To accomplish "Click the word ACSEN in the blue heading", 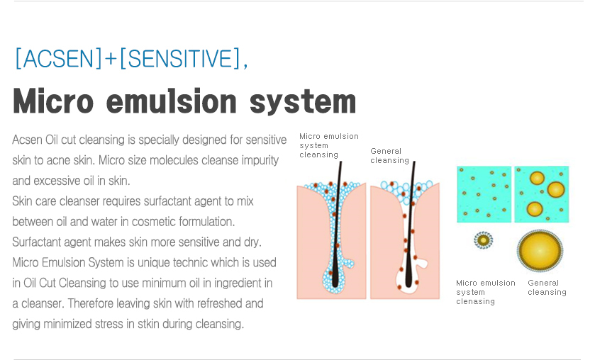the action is coord(58,59).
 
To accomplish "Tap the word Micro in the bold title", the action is coord(53,101).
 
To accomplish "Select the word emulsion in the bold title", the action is coord(172,101).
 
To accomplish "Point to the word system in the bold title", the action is coord(303,103).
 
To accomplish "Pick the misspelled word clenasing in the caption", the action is coord(475,302).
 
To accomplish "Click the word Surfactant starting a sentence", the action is coord(36,242).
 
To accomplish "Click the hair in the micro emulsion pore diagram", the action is coord(338,224).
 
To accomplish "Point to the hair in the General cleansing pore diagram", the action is coord(411,224).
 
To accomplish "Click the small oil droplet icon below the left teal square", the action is coord(484,240).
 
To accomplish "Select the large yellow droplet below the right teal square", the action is coord(540,251).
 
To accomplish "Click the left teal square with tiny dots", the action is coord(484,194).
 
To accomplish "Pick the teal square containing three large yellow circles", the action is coord(542,194).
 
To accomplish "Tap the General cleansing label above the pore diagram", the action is coord(390,156).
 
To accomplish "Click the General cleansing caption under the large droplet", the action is coord(547,288).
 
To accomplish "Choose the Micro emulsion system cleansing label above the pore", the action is coord(328,145).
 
